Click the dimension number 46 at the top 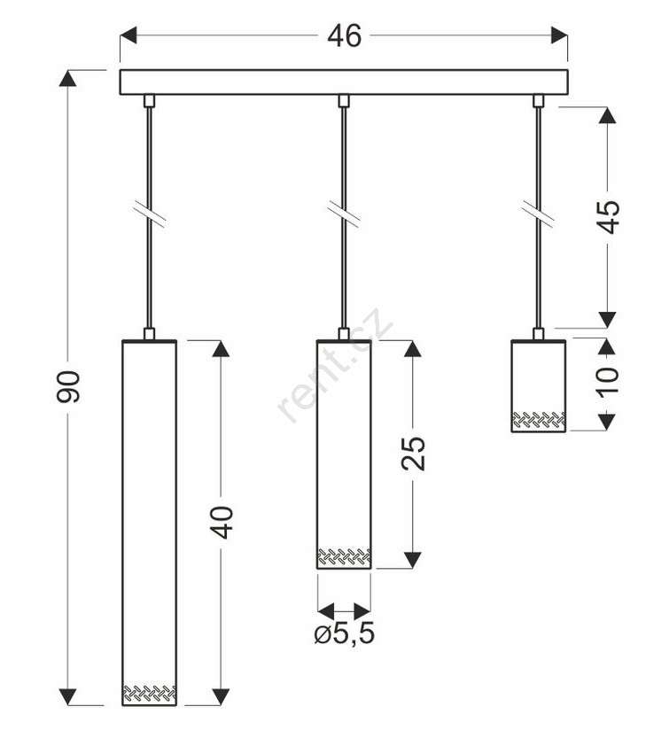344,35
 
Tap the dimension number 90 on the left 68,386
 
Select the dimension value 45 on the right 609,217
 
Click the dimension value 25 414,454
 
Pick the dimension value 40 222,523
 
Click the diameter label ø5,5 345,633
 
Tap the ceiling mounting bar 344,82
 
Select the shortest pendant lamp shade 538,386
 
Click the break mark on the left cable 149,214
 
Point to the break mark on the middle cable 344,214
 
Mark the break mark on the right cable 538,214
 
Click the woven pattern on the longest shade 150,693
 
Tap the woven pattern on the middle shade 344,557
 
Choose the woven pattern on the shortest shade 539,420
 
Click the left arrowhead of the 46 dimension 128,35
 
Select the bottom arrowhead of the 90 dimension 68,696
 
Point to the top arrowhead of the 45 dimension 607,115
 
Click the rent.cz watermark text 335,366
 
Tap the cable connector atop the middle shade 344,334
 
